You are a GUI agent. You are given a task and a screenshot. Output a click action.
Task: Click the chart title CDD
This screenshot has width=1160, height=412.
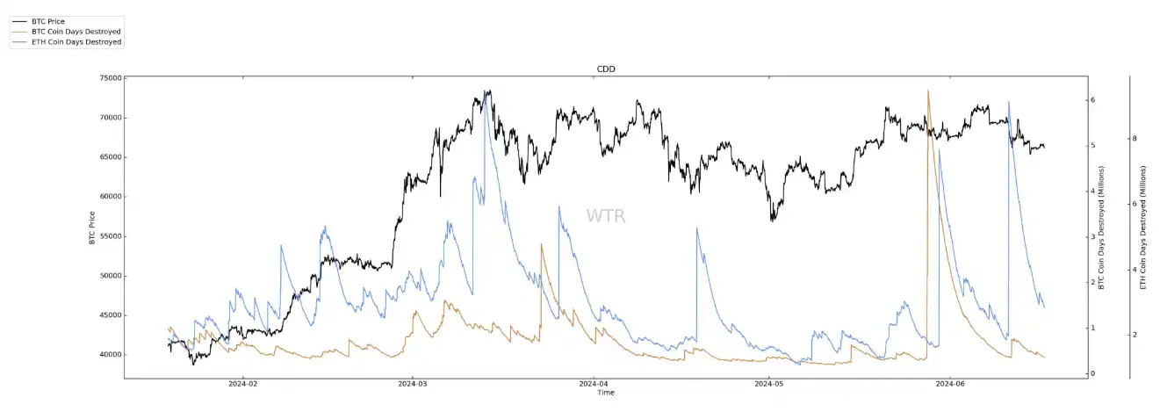pyautogui.click(x=606, y=69)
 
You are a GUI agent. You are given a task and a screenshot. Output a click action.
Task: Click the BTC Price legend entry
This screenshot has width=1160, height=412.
pyautogui.click(x=48, y=20)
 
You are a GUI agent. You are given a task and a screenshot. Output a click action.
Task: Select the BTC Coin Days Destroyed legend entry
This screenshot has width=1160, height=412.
pyautogui.click(x=76, y=31)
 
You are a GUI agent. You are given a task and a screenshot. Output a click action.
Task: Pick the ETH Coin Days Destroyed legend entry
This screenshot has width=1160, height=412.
pyautogui.click(x=76, y=41)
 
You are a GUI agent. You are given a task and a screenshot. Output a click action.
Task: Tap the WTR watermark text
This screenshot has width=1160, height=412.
pyautogui.click(x=606, y=216)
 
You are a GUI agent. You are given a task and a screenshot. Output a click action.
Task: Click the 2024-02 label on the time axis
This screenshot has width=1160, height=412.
pyautogui.click(x=242, y=384)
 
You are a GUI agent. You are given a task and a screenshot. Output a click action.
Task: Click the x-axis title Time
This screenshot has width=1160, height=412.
pyautogui.click(x=606, y=393)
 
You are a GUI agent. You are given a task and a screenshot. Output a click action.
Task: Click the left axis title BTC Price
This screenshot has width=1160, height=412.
pyautogui.click(x=92, y=228)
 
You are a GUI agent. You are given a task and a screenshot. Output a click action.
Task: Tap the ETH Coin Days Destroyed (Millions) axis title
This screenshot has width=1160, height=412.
pyautogui.click(x=1143, y=228)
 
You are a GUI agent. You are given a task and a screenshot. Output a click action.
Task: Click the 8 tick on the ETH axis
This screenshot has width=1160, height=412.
pyautogui.click(x=1135, y=139)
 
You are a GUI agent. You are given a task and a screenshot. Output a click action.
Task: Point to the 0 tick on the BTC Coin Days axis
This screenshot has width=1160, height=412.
pyautogui.click(x=1092, y=373)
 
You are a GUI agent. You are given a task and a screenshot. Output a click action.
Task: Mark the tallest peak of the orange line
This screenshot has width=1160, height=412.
pyautogui.click(x=927, y=90)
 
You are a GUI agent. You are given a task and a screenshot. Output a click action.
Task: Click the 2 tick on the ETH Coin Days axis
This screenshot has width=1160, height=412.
pyautogui.click(x=1135, y=335)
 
